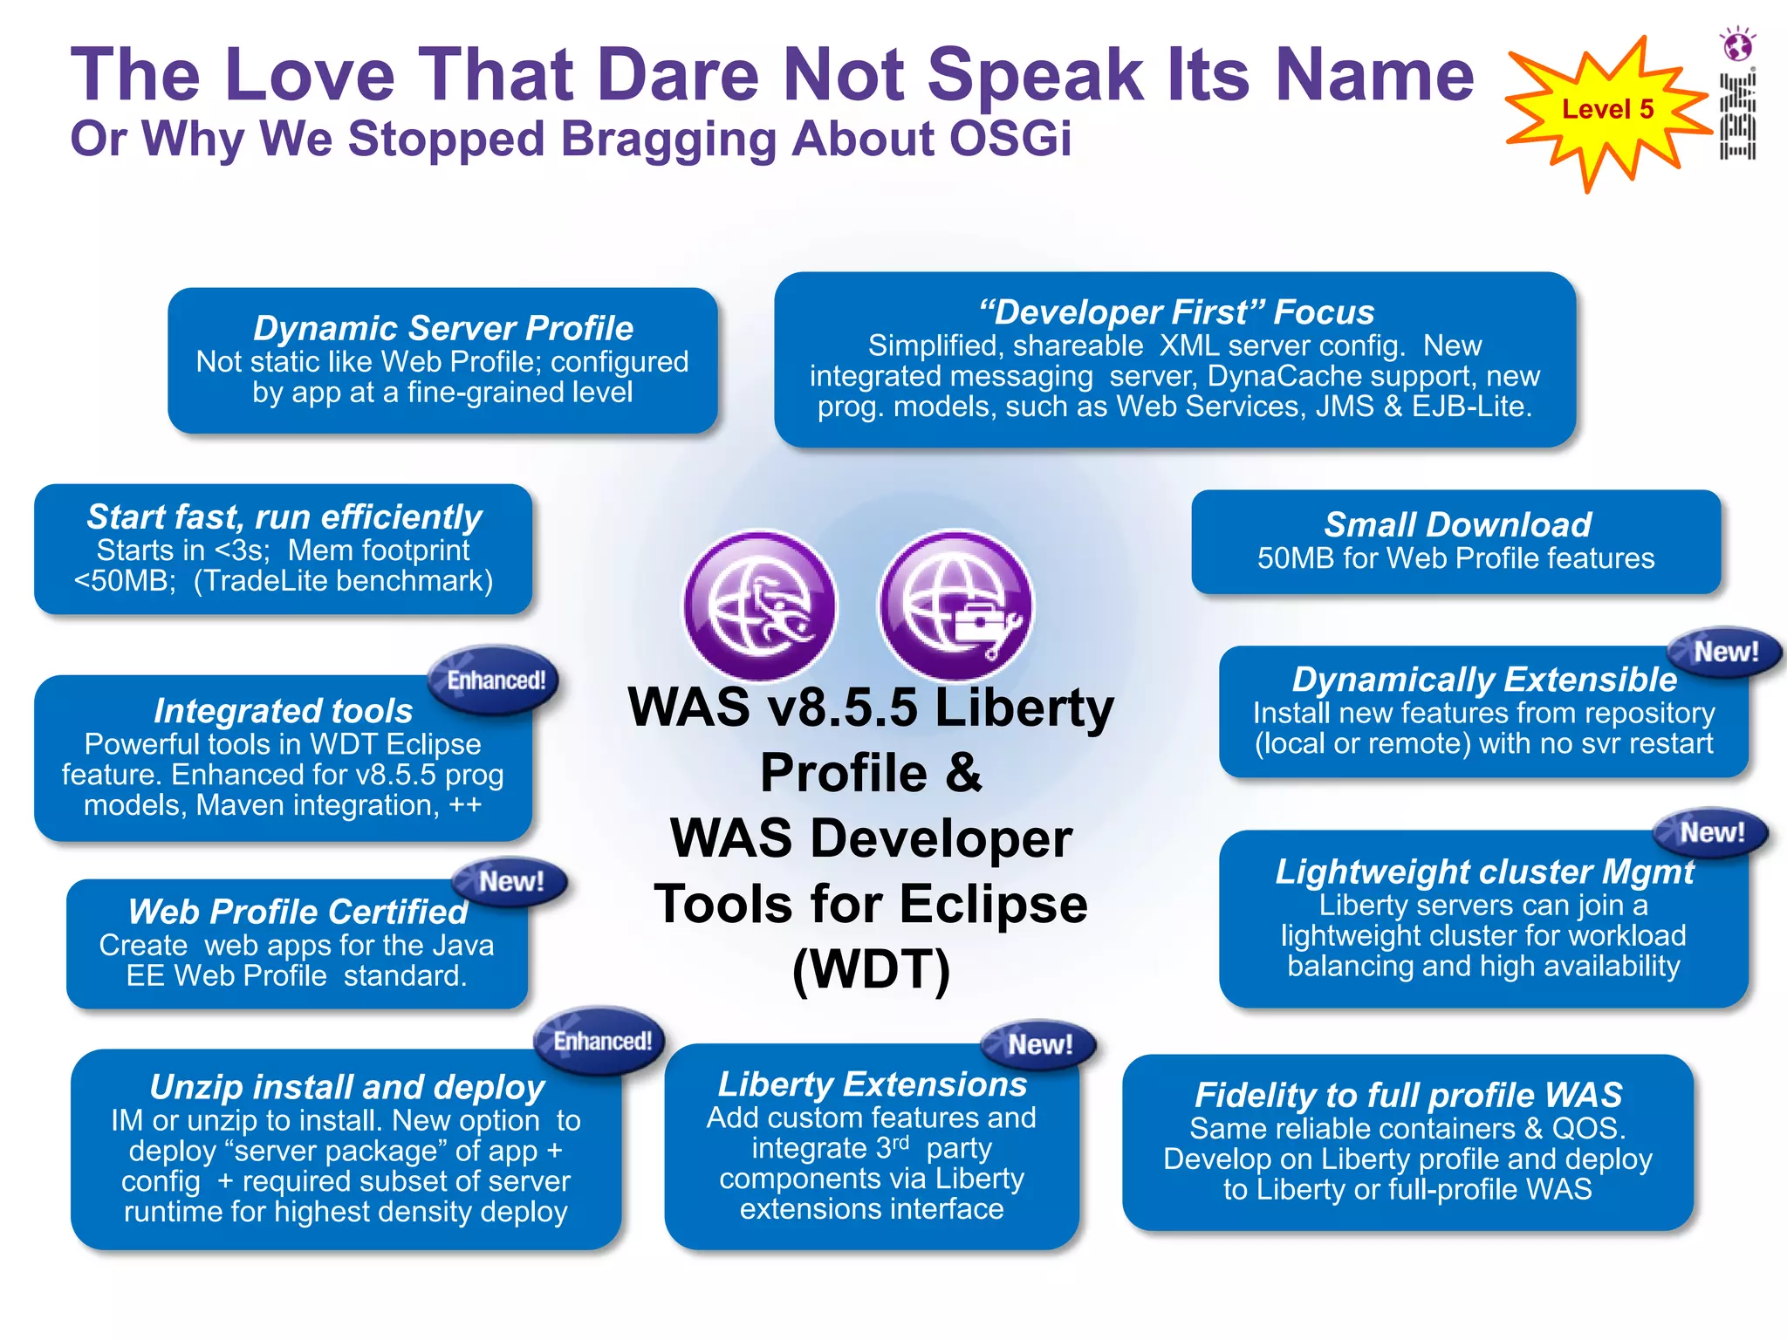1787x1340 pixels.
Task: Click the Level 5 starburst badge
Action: tap(1607, 111)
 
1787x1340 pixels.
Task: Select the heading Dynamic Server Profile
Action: tap(442, 328)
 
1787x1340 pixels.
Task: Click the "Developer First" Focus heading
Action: tap(1175, 311)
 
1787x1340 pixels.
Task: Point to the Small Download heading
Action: tap(1456, 524)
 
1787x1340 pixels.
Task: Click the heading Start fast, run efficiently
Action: tap(284, 516)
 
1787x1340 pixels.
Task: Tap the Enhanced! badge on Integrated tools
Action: tap(496, 680)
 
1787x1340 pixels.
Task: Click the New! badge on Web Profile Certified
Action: tap(511, 881)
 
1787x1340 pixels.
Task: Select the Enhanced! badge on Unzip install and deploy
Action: tap(602, 1041)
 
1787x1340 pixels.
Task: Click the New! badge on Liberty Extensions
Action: tap(1039, 1044)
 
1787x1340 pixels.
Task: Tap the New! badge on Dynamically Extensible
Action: tap(1725, 652)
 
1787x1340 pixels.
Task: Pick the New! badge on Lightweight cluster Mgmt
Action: tap(1711, 832)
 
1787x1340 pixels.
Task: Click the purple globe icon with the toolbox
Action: tap(956, 606)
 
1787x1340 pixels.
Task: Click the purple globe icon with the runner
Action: tap(760, 606)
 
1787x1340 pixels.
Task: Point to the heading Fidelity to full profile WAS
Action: tap(1407, 1094)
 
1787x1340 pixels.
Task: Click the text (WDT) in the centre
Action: tap(871, 968)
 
